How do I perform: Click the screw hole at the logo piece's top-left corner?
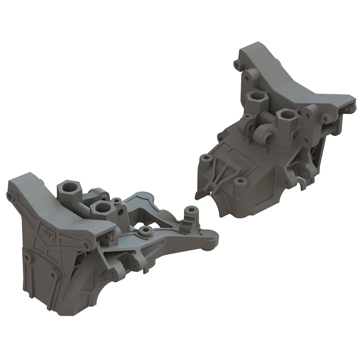(x=10, y=196)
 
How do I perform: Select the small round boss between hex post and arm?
(x=117, y=201)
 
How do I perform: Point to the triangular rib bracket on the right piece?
(x=219, y=170)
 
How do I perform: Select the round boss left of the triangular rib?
(x=206, y=158)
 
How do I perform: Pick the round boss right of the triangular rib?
(x=240, y=182)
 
